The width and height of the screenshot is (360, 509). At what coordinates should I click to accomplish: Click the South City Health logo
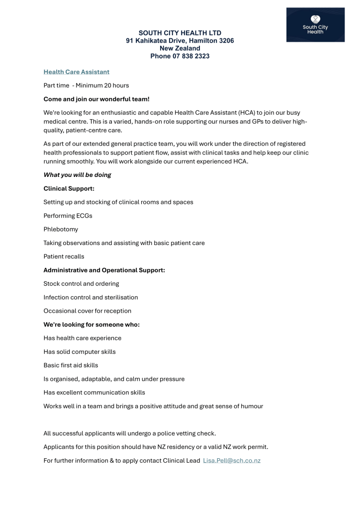point(315,24)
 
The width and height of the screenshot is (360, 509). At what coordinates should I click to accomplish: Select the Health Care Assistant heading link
point(76,72)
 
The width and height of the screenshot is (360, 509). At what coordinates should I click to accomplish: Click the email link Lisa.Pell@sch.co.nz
point(232,461)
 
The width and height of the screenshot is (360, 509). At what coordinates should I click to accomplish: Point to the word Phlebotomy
point(61,230)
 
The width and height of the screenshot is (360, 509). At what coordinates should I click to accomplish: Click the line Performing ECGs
point(68,216)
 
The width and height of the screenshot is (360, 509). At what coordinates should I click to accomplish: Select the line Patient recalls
point(64,256)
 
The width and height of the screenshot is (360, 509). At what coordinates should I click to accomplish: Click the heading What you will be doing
point(77,175)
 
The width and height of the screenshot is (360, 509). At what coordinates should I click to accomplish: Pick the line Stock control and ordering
point(81,284)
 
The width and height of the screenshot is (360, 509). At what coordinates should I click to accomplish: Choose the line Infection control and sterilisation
point(90,297)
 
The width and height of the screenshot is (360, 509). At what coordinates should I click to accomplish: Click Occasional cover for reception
point(88,311)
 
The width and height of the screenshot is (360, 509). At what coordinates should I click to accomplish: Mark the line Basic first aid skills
point(74,365)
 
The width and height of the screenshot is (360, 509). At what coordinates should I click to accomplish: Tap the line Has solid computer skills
point(80,352)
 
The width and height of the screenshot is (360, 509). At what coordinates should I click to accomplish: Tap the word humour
point(250,406)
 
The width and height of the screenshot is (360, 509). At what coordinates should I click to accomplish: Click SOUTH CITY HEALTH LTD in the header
point(180,33)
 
